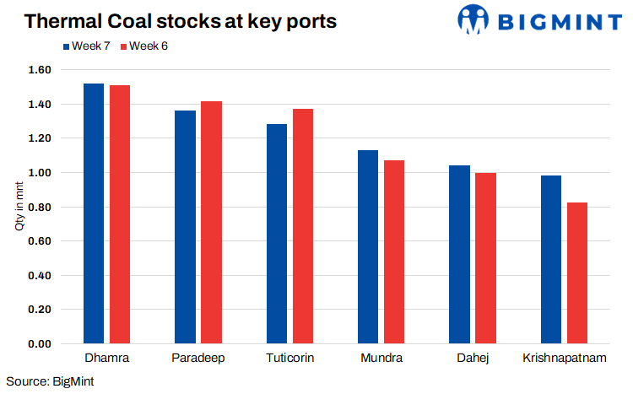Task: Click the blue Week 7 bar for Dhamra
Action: [x=94, y=214]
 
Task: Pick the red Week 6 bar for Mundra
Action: [x=393, y=252]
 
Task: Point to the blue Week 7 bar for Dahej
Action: [x=459, y=255]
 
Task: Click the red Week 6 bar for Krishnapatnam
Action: [x=576, y=273]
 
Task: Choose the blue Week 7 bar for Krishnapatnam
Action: [x=550, y=260]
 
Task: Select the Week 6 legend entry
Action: [x=145, y=46]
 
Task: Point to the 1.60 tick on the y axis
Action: [x=39, y=70]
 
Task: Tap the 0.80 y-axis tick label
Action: [x=39, y=207]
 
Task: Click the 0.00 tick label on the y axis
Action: [x=39, y=344]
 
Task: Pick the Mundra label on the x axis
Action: [x=381, y=359]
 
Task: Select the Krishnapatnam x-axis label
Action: [x=565, y=359]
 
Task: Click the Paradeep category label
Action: [x=197, y=359]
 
